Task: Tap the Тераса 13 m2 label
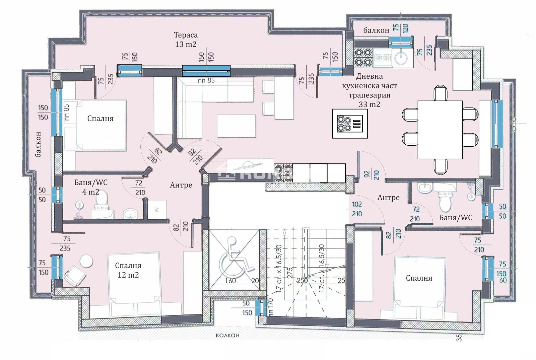(186, 39)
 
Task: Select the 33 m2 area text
(369, 104)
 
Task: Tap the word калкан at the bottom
(227, 335)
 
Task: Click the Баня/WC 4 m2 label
(91, 187)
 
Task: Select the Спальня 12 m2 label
(128, 270)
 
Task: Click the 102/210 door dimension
(357, 209)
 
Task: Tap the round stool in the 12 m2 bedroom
(86, 261)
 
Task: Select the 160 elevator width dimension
(230, 281)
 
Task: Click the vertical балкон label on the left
(38, 144)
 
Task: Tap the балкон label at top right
(376, 30)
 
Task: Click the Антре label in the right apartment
(388, 198)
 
